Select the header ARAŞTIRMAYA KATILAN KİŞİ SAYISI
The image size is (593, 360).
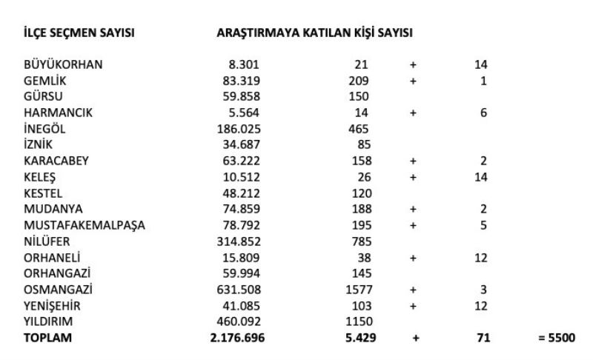(x=314, y=33)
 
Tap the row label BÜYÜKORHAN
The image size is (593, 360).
(x=63, y=64)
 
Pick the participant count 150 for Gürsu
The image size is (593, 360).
(x=359, y=96)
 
